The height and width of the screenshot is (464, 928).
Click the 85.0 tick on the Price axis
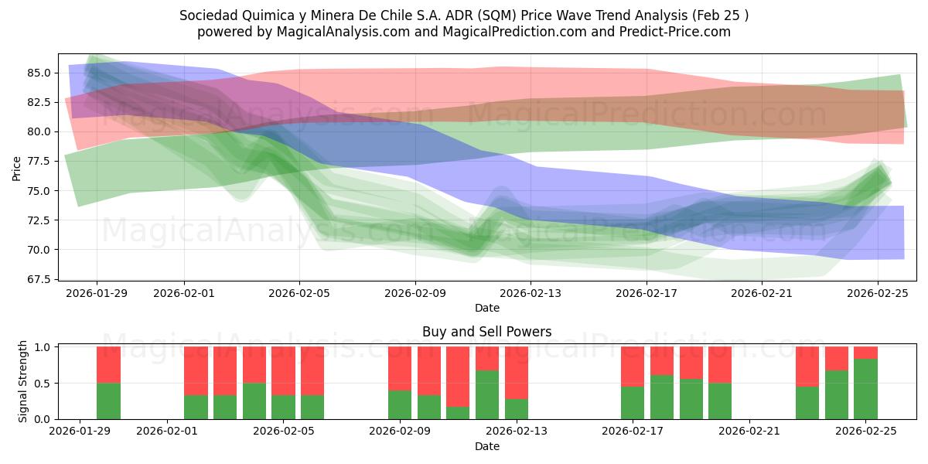[40, 73]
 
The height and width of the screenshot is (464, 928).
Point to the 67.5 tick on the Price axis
[40, 279]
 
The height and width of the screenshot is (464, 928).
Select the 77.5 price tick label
[40, 161]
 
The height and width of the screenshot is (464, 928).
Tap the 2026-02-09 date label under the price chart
[415, 293]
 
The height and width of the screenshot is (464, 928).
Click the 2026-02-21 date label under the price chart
[763, 293]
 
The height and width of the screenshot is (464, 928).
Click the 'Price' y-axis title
[17, 168]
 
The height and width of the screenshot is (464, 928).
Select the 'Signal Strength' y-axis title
[23, 380]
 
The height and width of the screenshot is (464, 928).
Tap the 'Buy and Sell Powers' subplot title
[486, 332]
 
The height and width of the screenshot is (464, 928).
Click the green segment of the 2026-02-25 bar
[865, 389]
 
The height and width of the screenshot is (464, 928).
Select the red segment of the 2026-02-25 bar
[865, 353]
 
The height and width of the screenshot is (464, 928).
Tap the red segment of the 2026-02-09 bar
[400, 368]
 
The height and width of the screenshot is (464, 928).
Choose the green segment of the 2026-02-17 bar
[633, 403]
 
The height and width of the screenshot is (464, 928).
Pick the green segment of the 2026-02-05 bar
[284, 407]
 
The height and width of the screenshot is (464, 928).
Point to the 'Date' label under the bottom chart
[486, 446]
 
